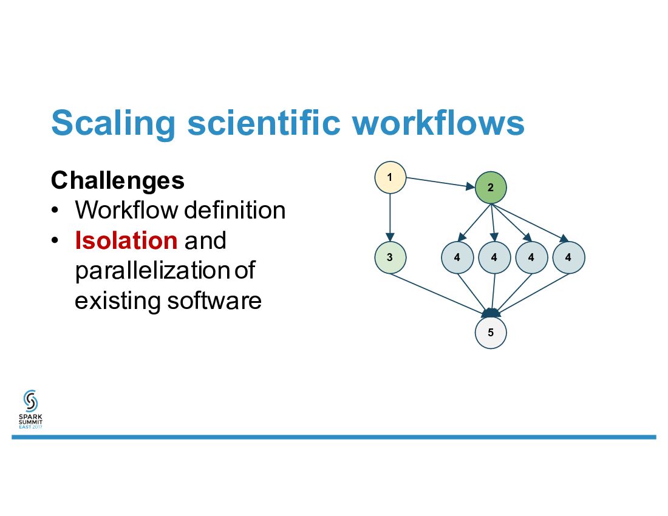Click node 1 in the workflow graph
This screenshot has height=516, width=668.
390,177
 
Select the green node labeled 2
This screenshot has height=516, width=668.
491,188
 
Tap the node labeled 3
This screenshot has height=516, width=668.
390,257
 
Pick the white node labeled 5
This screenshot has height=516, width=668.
491,333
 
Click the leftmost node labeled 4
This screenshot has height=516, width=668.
457,257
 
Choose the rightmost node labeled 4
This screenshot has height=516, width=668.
568,257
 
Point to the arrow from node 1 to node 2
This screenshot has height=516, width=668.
440,183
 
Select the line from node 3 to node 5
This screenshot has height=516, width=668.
437,295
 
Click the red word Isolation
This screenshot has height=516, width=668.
126,241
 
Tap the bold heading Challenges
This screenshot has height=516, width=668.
118,180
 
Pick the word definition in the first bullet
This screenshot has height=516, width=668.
234,211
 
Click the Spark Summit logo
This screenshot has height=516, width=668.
30,410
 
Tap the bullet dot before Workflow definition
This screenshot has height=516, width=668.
55,211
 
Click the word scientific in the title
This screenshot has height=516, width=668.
264,123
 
